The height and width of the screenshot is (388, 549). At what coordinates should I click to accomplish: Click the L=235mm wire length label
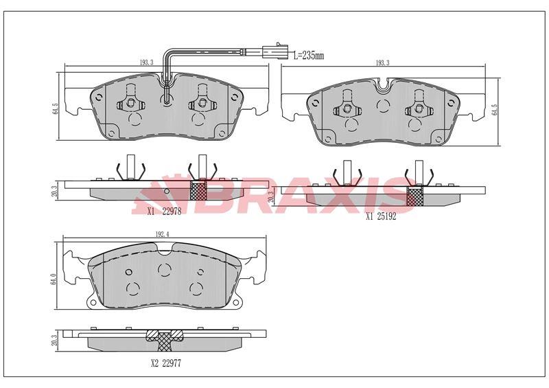coord(308,56)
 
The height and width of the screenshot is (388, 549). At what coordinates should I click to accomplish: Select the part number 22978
coord(172,212)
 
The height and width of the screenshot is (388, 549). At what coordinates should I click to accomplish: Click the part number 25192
coord(386,216)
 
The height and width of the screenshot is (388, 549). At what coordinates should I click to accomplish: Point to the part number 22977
coord(171,363)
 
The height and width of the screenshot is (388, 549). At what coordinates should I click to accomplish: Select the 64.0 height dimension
coord(54,279)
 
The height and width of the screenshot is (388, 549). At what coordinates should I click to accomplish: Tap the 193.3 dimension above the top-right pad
coord(382,63)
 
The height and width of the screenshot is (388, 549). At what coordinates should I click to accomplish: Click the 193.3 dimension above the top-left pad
coord(147,62)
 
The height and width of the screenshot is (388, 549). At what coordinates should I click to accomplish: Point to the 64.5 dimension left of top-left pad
coord(56,109)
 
